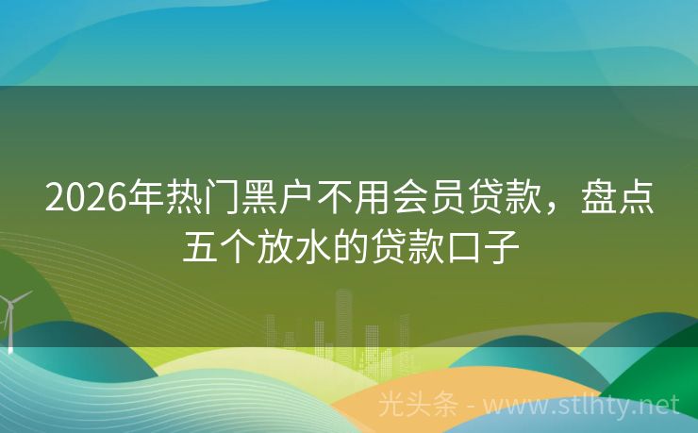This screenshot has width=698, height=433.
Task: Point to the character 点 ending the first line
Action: (x=637, y=197)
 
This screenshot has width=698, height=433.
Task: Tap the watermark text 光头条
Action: (x=418, y=405)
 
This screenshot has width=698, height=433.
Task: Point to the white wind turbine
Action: (x=8, y=322)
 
